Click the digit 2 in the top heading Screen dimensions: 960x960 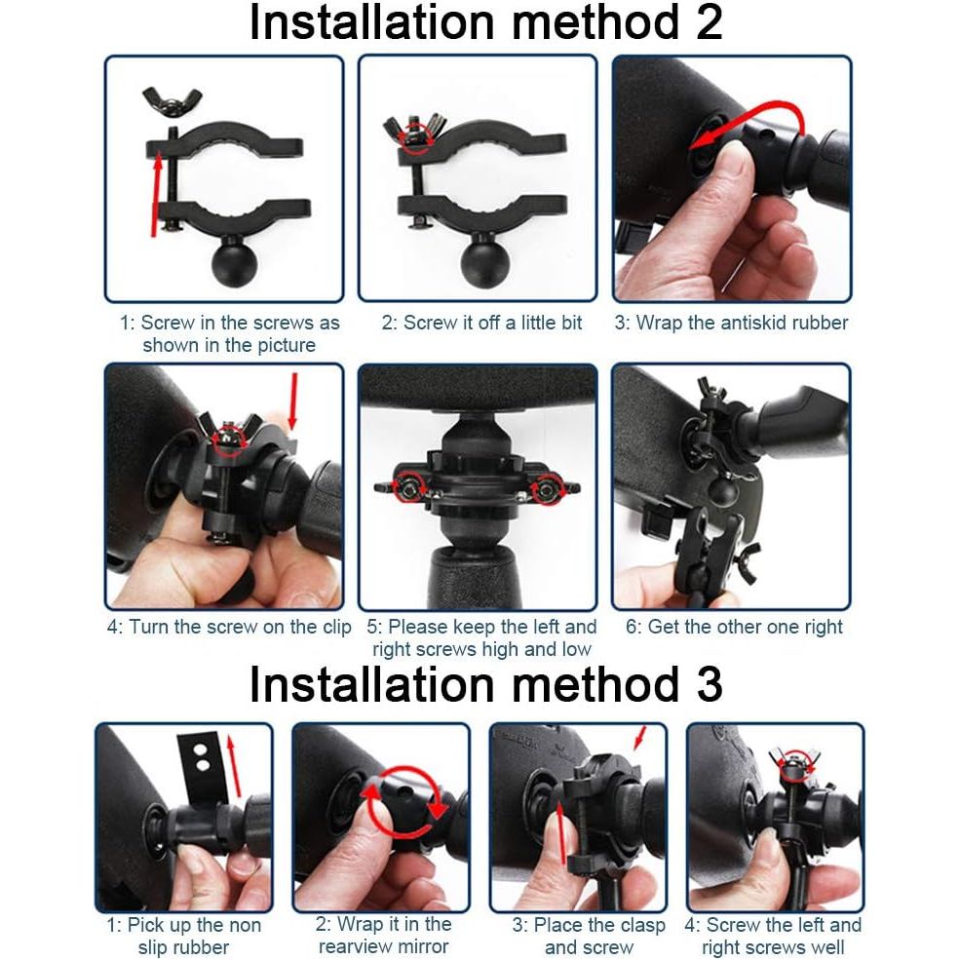(708, 22)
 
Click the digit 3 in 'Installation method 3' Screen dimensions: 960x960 (708, 684)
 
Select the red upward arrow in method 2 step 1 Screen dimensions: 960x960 (156, 194)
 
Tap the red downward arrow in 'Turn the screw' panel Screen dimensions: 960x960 (294, 401)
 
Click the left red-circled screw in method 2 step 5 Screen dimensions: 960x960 (410, 486)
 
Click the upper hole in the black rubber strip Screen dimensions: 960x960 (200, 749)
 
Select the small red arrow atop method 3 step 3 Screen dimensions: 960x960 (639, 738)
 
